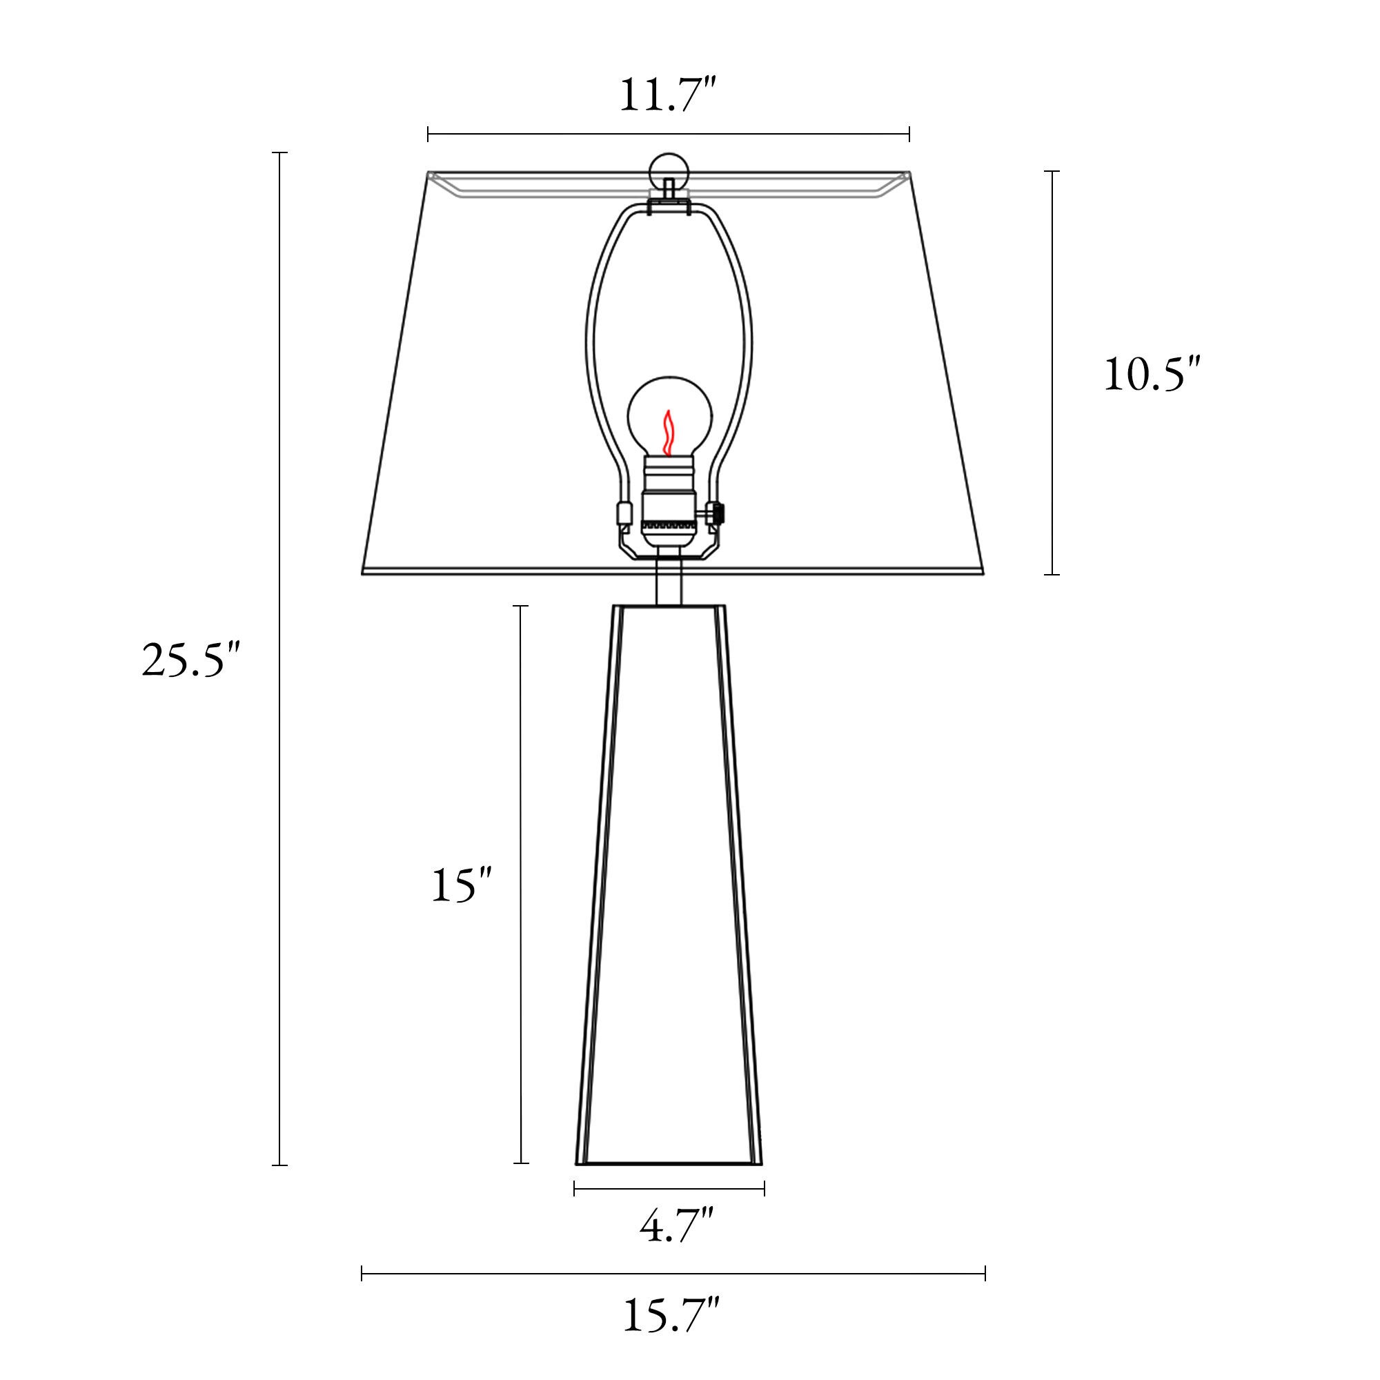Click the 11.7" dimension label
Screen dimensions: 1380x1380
click(x=667, y=96)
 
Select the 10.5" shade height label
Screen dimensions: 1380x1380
click(x=1152, y=374)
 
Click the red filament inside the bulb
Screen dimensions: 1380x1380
click(x=668, y=433)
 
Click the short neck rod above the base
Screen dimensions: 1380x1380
click(x=669, y=587)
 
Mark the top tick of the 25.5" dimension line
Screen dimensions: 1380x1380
click(x=279, y=153)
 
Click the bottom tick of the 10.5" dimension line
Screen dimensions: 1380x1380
click(x=1052, y=573)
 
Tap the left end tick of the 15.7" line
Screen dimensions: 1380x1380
click(x=362, y=1273)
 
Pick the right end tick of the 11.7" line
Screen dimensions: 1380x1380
click(x=909, y=134)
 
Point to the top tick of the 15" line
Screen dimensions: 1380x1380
click(x=521, y=606)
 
